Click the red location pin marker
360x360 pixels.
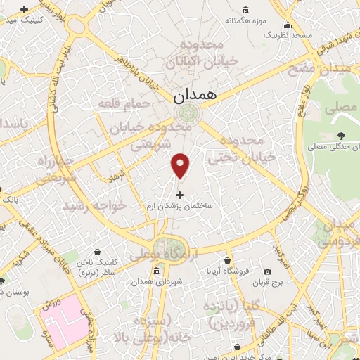point(181,165)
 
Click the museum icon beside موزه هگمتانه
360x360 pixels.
point(245,10)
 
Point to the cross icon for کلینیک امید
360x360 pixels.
point(25,10)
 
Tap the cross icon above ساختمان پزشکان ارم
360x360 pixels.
point(180,194)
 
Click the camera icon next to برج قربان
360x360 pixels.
point(267,271)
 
